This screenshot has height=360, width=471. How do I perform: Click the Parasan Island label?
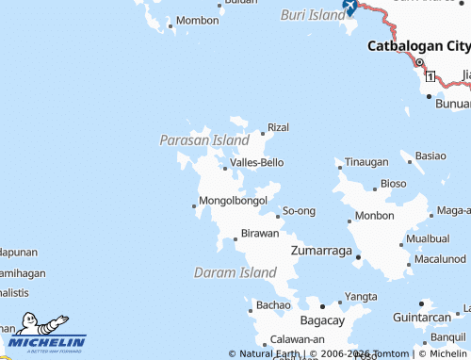pos(204,139)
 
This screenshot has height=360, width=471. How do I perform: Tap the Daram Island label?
pos(235,272)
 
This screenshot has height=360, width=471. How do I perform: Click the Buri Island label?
pos(314,15)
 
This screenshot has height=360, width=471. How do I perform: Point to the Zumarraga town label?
pos(321,251)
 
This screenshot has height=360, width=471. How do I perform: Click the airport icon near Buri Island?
pos(349,8)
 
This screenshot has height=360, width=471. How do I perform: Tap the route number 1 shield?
pos(430,74)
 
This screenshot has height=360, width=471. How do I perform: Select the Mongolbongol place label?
pos(234,201)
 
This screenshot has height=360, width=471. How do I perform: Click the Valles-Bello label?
pos(257,162)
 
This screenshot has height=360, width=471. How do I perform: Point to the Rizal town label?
pos(278,126)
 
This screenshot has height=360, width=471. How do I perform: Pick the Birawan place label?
pos(260,233)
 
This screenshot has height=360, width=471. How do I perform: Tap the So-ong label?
pos(299,210)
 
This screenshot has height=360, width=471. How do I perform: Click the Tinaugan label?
pos(366,162)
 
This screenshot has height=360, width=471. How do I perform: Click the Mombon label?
pos(197,20)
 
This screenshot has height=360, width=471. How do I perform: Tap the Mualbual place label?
pos(428,239)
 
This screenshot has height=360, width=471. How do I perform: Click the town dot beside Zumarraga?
pos(358,254)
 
